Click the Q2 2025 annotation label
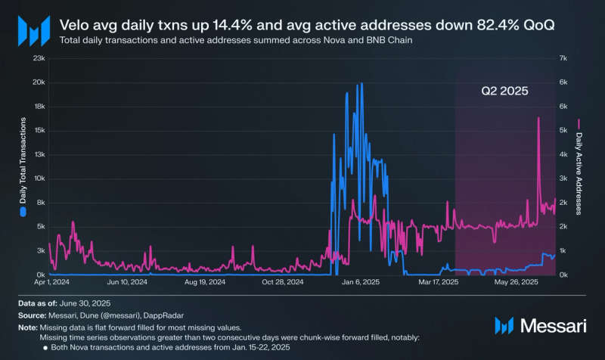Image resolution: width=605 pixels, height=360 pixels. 504,90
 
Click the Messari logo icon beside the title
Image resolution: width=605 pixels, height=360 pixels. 33,32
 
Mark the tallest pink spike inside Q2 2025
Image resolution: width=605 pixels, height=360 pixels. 538,118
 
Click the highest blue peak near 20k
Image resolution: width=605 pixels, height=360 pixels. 362,83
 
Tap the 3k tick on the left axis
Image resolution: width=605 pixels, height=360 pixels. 40,250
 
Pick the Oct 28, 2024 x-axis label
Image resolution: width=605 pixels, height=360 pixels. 283,282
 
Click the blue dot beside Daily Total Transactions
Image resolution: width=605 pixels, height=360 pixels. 23,213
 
